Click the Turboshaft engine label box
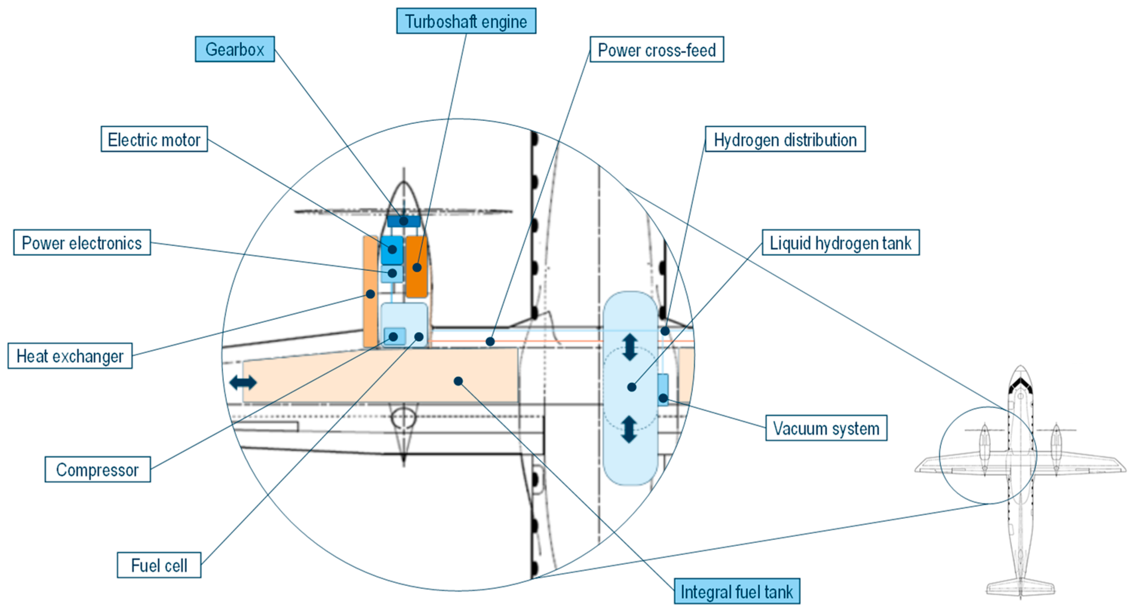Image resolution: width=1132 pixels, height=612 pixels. pyautogui.click(x=466, y=21)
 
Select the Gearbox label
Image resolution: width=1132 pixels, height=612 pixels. pyautogui.click(x=235, y=49)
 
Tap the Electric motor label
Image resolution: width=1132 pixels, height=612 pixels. pyautogui.click(x=154, y=140)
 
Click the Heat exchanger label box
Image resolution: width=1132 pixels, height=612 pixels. pyautogui.click(x=70, y=356)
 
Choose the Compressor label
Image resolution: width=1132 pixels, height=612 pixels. pyautogui.click(x=98, y=470)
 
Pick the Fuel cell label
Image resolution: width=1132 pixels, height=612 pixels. pyautogui.click(x=159, y=565)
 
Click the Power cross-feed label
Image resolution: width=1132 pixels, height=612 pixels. pyautogui.click(x=656, y=50)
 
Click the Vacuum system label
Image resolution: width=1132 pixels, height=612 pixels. pyautogui.click(x=826, y=428)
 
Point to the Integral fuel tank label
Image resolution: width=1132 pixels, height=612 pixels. pyautogui.click(x=736, y=591)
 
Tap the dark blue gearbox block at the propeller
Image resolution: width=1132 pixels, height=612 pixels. pyautogui.click(x=403, y=221)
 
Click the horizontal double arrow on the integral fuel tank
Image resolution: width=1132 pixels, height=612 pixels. pyautogui.click(x=243, y=382)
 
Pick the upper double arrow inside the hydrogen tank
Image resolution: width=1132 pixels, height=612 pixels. pyautogui.click(x=630, y=347)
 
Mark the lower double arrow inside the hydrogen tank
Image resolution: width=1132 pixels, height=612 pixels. pyautogui.click(x=629, y=429)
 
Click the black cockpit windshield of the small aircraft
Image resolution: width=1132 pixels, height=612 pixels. pyautogui.click(x=1020, y=385)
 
